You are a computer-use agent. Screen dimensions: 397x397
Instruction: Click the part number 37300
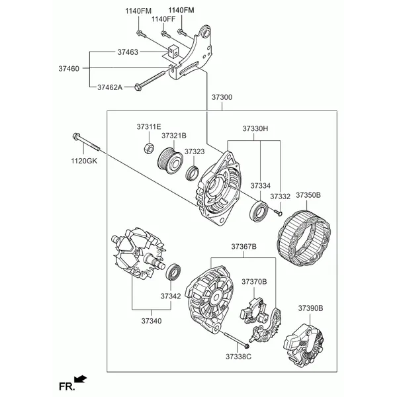[222, 97]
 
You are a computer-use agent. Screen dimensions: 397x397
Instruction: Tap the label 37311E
[149, 126]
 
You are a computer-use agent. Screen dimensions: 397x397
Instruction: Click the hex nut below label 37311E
[149, 148]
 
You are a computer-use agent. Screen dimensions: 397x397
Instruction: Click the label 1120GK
[85, 161]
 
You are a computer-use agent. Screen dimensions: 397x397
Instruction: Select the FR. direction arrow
[81, 379]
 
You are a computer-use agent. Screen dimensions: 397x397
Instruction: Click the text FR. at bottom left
[65, 384]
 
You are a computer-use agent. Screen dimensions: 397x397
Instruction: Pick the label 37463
[127, 51]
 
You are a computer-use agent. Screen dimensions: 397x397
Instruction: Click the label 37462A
[110, 87]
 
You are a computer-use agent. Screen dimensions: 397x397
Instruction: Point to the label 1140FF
[163, 19]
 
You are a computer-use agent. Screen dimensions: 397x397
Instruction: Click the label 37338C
[238, 357]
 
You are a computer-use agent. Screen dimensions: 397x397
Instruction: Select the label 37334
[261, 186]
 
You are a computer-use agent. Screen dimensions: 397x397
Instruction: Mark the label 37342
[170, 296]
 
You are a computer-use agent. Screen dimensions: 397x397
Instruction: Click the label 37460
[69, 68]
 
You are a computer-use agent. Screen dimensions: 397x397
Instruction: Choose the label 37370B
[254, 282]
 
